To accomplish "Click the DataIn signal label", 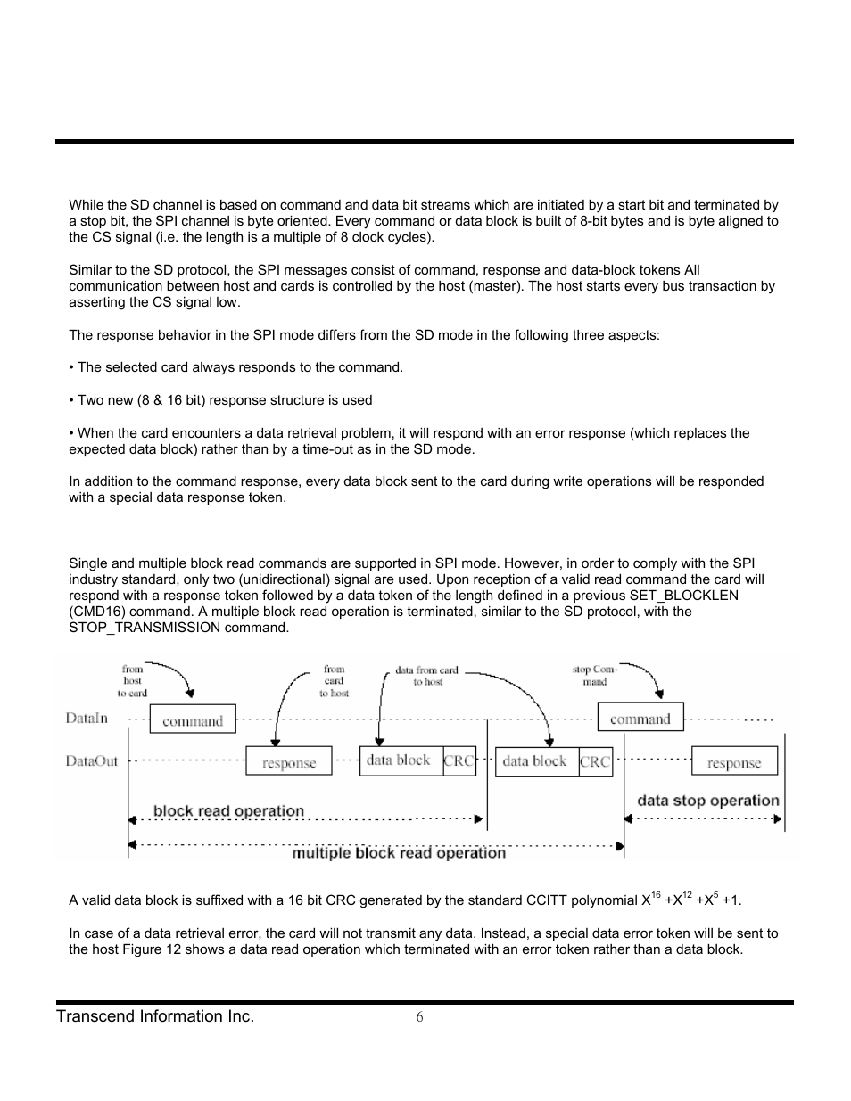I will point(87,718).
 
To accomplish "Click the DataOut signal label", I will point(91,760).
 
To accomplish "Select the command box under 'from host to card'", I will point(193,719).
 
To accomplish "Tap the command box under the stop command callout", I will point(640,718).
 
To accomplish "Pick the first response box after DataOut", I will point(288,762).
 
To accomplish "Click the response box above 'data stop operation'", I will point(734,762).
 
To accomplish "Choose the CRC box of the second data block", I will point(595,761).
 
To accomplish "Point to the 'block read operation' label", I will point(228,810).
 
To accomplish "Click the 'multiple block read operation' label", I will point(399,853).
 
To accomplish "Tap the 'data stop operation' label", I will point(707,801).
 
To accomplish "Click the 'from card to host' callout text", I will point(335,681).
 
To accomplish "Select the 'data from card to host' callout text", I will point(427,676).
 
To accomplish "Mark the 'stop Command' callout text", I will point(595,675).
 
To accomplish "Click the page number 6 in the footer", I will point(419,1017).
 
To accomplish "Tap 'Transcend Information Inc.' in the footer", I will point(155,1016).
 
